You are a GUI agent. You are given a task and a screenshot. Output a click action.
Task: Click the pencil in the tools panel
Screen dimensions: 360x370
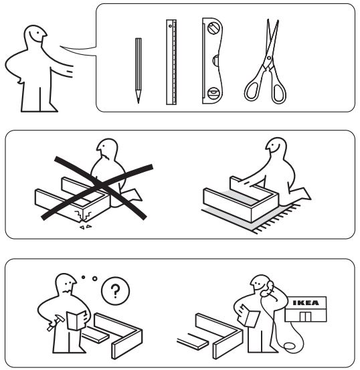(x=139, y=70)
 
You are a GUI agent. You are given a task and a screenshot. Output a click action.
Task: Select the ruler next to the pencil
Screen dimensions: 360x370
(x=171, y=62)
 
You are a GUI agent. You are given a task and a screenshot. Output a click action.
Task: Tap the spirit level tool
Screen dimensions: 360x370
(x=212, y=61)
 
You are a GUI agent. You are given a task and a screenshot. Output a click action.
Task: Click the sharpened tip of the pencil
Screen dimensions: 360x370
(x=139, y=102)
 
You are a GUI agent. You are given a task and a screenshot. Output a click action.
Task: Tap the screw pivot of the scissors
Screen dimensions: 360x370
(x=269, y=58)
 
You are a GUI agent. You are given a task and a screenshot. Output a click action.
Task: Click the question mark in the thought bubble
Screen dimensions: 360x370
(x=116, y=291)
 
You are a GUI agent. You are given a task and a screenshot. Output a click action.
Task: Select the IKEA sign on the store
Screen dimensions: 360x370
(x=306, y=302)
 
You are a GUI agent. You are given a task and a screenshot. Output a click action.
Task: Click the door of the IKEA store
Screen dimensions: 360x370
(x=306, y=316)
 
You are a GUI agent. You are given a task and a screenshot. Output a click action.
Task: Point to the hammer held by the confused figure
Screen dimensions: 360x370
(x=56, y=322)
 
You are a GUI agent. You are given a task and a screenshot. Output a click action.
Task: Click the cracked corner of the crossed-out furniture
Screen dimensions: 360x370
(x=82, y=216)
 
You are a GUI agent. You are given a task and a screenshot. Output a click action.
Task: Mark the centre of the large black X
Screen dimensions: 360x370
(x=99, y=186)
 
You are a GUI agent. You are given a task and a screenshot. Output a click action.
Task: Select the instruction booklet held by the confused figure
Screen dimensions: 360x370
(x=77, y=320)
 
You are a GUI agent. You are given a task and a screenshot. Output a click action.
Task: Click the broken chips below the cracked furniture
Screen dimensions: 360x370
(x=86, y=227)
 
